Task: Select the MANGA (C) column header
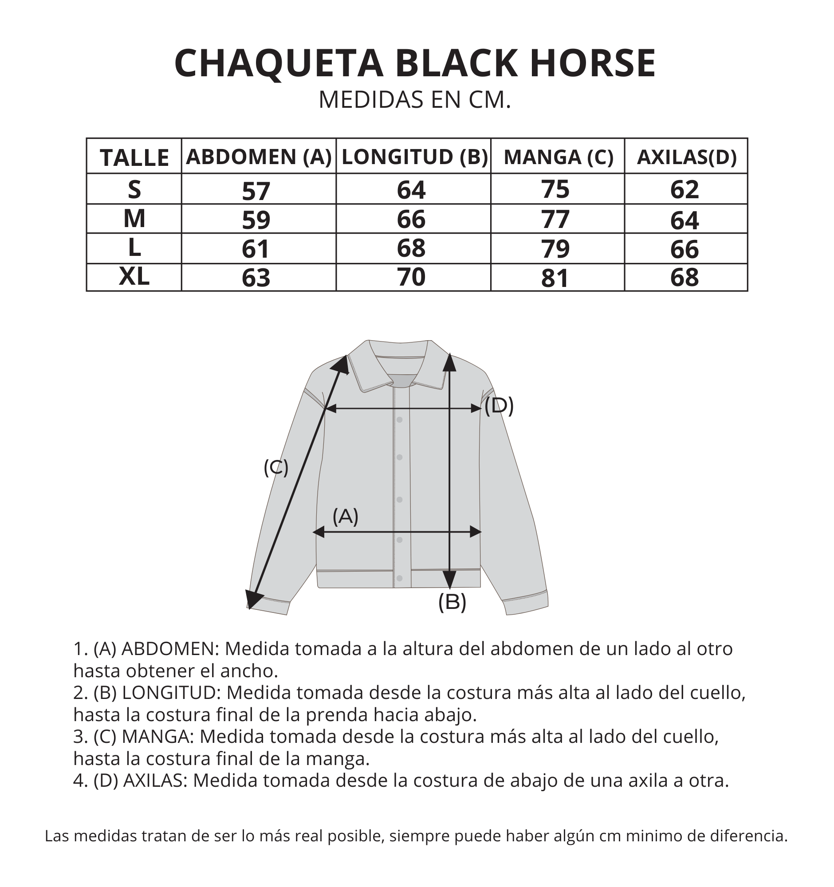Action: click(558, 157)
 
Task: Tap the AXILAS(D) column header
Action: click(686, 157)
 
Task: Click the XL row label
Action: click(134, 277)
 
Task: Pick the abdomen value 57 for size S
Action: click(256, 191)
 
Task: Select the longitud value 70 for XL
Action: click(411, 277)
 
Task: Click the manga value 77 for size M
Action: click(555, 219)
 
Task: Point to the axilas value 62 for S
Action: click(685, 190)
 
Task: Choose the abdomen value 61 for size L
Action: click(256, 249)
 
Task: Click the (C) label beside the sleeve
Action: click(276, 467)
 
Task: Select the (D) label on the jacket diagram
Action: click(500, 405)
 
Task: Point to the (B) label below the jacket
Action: click(452, 601)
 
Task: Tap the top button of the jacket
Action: click(399, 420)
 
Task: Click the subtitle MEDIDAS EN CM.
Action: click(414, 99)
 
